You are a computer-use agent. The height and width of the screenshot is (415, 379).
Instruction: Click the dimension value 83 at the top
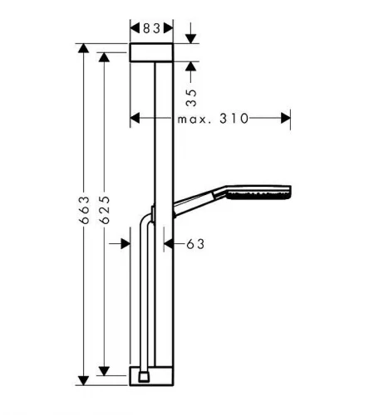pyautogui.click(x=151, y=28)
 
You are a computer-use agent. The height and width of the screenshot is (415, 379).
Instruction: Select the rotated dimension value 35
pyautogui.click(x=191, y=97)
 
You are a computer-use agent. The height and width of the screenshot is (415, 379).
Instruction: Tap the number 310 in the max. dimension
pyautogui.click(x=234, y=119)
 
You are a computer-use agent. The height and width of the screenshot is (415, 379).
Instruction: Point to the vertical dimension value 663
pyautogui.click(x=84, y=210)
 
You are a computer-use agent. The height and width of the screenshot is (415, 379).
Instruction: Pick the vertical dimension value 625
pyautogui.click(x=105, y=210)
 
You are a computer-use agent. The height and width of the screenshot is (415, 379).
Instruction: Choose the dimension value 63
pyautogui.click(x=195, y=244)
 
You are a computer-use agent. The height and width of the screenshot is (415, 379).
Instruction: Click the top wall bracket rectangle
pyautogui.click(x=151, y=52)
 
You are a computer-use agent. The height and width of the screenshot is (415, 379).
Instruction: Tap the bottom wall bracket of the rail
pyautogui.click(x=151, y=375)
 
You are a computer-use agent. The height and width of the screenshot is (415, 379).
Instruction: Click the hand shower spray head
pyautogui.click(x=258, y=193)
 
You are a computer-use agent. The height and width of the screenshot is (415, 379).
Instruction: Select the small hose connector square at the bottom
pyautogui.click(x=144, y=377)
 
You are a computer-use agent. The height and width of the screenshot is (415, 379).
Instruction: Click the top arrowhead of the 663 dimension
pyautogui.click(x=83, y=48)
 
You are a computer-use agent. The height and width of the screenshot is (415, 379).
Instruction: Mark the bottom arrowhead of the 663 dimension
pyautogui.click(x=83, y=381)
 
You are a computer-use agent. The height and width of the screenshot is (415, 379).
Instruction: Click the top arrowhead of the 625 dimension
pyautogui.click(x=104, y=57)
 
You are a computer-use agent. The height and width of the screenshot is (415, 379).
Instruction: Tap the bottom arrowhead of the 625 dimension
pyautogui.click(x=104, y=371)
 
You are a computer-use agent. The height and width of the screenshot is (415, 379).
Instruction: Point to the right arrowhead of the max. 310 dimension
pyautogui.click(x=286, y=118)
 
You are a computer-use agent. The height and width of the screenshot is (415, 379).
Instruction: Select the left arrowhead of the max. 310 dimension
pyautogui.click(x=135, y=118)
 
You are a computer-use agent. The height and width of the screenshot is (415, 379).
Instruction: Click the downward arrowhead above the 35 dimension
pyautogui.click(x=190, y=39)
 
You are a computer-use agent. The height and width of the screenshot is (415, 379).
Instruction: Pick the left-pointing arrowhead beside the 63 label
pyautogui.click(x=169, y=244)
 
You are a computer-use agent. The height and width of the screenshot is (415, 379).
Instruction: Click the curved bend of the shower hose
pyautogui.click(x=145, y=219)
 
